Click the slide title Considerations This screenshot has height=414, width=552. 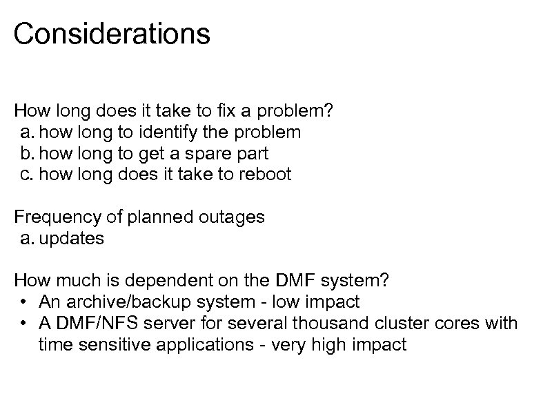[x=112, y=34]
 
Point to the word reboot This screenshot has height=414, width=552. [x=265, y=174]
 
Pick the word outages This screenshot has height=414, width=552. [x=233, y=217]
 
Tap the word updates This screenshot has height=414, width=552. [x=72, y=239]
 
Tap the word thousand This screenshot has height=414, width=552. [x=304, y=324]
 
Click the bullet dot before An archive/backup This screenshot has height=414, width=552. [x=23, y=302]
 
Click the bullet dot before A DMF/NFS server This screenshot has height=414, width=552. [x=23, y=324]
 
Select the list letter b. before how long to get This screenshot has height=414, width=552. [x=27, y=153]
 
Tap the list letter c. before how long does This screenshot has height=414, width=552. [x=27, y=174]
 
